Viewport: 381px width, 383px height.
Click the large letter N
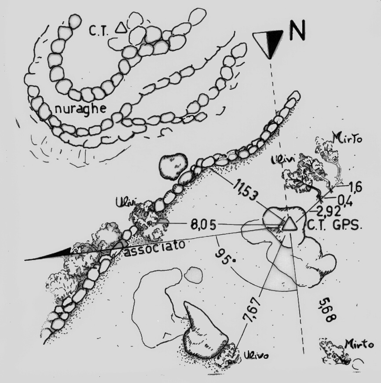click(x=297, y=30)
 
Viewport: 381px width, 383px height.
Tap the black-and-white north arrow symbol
click(x=268, y=44)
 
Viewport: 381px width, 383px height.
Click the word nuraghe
click(x=81, y=109)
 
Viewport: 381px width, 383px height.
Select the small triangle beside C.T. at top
click(x=121, y=28)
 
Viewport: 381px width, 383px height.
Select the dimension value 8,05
click(x=203, y=225)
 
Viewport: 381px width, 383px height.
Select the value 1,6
click(x=355, y=188)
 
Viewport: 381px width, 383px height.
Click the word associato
click(x=154, y=250)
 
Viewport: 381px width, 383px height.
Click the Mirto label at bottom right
click(x=359, y=344)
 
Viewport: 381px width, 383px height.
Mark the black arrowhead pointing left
click(x=48, y=254)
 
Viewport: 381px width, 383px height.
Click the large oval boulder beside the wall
click(x=173, y=167)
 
